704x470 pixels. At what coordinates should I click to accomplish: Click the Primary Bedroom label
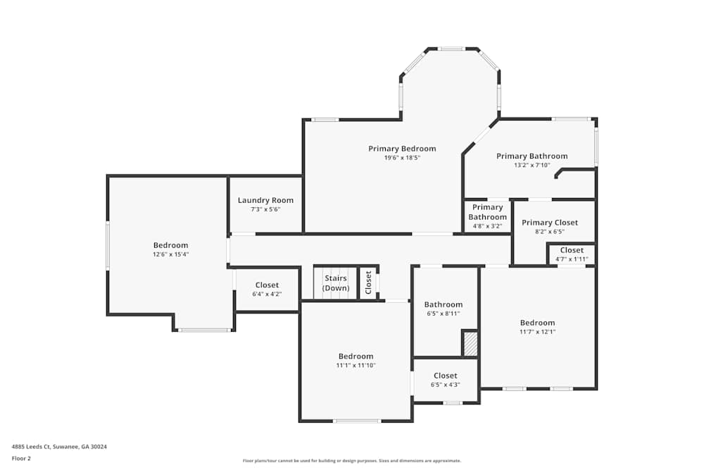(x=402, y=149)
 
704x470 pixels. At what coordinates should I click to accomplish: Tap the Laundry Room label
(x=265, y=200)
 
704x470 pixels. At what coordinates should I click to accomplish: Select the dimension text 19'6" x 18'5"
(x=402, y=158)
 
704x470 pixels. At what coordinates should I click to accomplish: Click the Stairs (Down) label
(x=336, y=283)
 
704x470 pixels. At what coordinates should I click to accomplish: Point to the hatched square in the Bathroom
(x=470, y=343)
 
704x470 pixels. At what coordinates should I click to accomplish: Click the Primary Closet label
(x=549, y=223)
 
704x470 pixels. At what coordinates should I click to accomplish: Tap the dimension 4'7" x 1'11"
(x=572, y=259)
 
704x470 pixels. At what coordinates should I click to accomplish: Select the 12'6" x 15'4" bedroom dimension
(x=170, y=254)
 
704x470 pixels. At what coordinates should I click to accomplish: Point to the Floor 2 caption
(x=21, y=458)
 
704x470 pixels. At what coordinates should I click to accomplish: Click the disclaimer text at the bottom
(x=353, y=460)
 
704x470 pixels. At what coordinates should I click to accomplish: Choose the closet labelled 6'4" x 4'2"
(x=267, y=290)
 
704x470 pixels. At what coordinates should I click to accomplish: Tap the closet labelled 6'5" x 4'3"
(x=445, y=380)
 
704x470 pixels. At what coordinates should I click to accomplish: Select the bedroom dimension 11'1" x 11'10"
(x=356, y=365)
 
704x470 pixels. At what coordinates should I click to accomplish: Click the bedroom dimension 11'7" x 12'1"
(x=537, y=332)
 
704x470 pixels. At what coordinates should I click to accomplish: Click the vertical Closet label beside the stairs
(x=368, y=283)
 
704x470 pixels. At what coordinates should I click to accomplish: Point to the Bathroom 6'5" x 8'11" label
(x=443, y=309)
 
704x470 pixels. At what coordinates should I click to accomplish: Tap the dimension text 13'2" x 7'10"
(x=532, y=166)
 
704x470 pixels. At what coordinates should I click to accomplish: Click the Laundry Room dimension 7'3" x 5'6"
(x=265, y=209)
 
